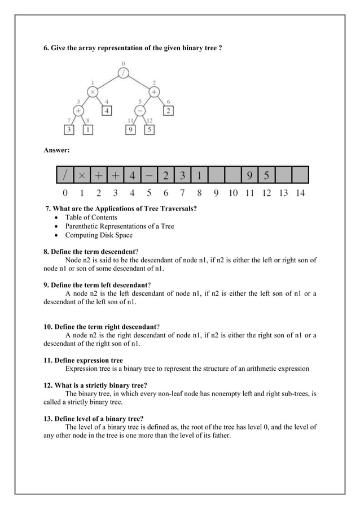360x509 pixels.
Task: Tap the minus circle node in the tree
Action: click(x=139, y=110)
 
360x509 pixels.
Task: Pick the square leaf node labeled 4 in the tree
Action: click(x=107, y=110)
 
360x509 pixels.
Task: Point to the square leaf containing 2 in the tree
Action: click(x=168, y=110)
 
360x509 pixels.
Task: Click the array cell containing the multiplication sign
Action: click(x=82, y=175)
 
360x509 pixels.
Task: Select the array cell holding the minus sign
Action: click(x=148, y=175)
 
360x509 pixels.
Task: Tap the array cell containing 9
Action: click(x=249, y=175)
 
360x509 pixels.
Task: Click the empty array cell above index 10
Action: click(x=232, y=175)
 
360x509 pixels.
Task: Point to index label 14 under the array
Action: click(x=300, y=194)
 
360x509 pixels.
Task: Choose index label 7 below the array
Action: click(x=182, y=194)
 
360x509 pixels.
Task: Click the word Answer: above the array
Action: click(x=57, y=151)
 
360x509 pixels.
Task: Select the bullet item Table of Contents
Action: click(x=91, y=217)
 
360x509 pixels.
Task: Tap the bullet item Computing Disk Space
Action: click(x=99, y=235)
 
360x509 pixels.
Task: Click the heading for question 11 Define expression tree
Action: click(x=83, y=360)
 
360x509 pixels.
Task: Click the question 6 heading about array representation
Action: click(x=133, y=49)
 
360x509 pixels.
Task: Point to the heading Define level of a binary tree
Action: click(x=94, y=419)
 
